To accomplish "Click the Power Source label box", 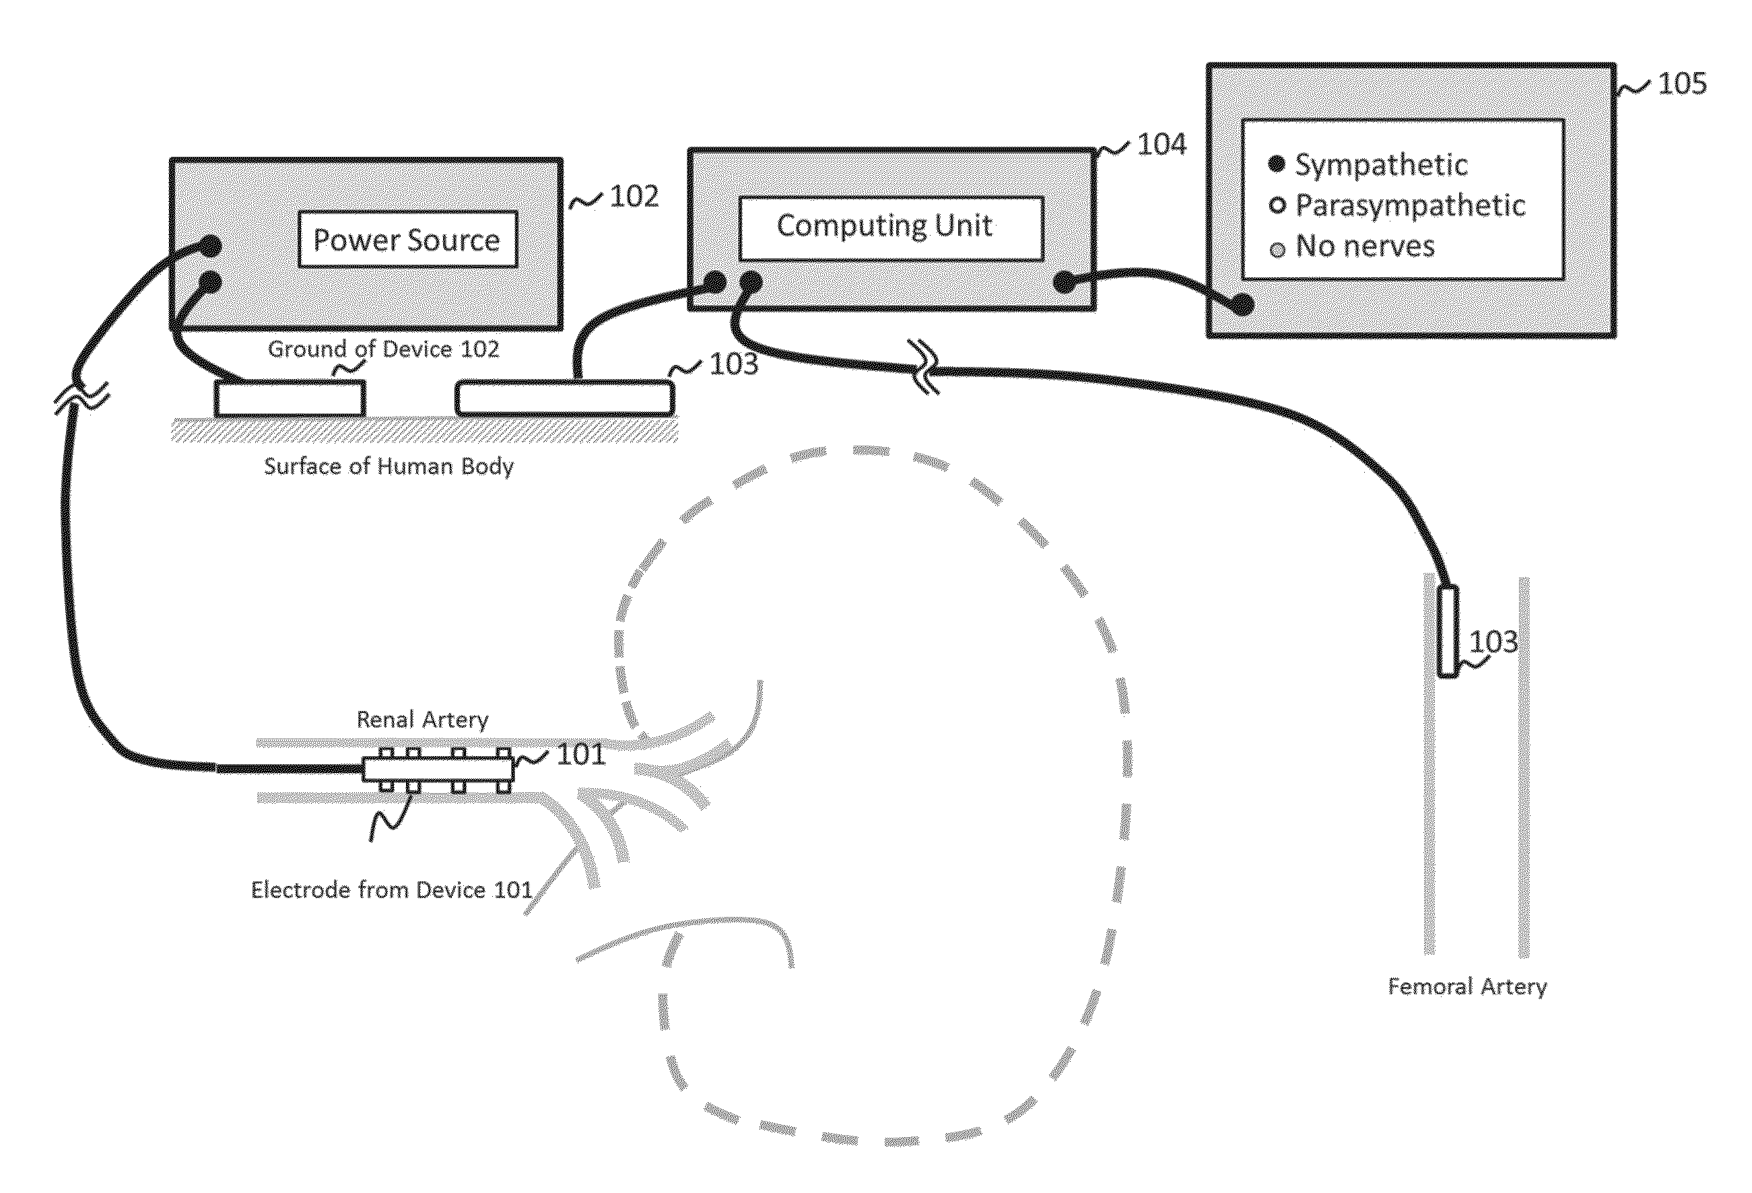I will (x=407, y=240).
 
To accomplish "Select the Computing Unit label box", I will (x=891, y=228).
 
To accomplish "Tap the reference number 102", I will (x=634, y=197).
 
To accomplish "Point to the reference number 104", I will (x=1161, y=145).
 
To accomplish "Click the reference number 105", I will (x=1682, y=83).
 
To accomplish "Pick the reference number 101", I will (x=580, y=755).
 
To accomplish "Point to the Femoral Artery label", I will (x=1467, y=986).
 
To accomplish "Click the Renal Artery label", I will (x=422, y=720).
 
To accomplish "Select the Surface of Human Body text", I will (x=389, y=467).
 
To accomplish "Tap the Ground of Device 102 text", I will (x=383, y=349).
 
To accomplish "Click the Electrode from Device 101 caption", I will (x=391, y=890).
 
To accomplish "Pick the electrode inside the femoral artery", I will (x=1447, y=631).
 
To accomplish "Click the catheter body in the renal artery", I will (x=437, y=770).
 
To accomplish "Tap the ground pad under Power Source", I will (x=290, y=398).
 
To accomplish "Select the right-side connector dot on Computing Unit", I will (x=1064, y=283).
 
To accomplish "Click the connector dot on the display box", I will (x=1242, y=305).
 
